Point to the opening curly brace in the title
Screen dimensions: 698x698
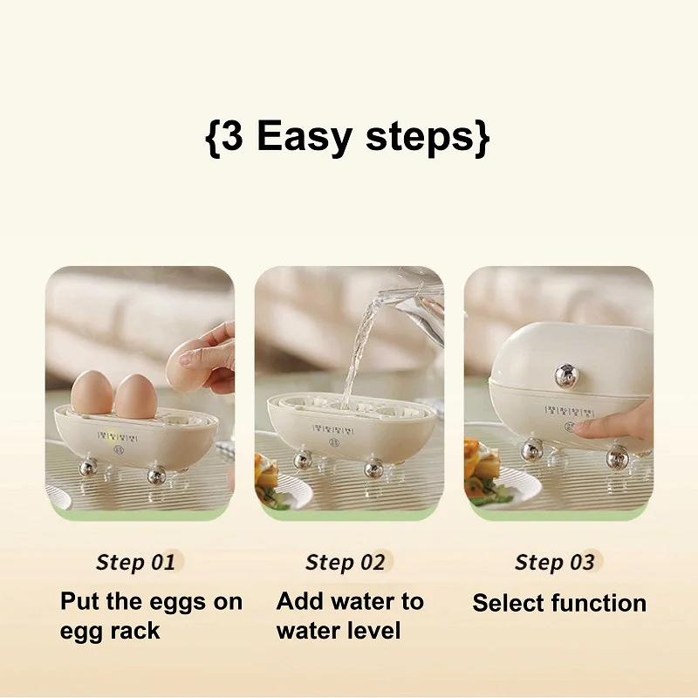tap(211, 138)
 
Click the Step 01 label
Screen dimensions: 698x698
tap(135, 562)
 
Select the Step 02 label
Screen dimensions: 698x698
tap(345, 562)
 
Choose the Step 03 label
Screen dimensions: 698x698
tap(554, 562)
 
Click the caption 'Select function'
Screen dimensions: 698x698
tap(559, 603)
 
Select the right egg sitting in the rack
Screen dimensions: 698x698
tap(135, 397)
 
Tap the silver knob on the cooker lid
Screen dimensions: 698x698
tap(565, 375)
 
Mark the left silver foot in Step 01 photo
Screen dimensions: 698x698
tap(88, 469)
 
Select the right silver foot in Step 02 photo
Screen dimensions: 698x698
tap(373, 469)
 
